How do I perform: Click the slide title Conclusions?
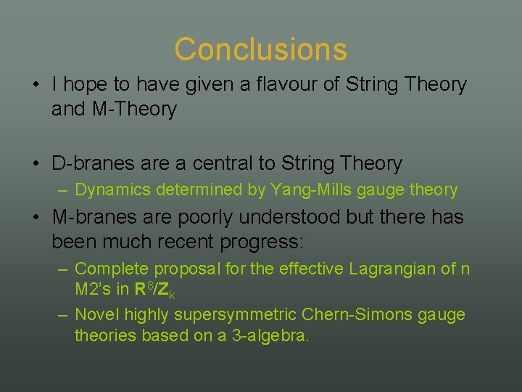pos(260,49)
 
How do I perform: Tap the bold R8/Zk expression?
pos(154,290)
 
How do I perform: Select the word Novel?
pos(97,314)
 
